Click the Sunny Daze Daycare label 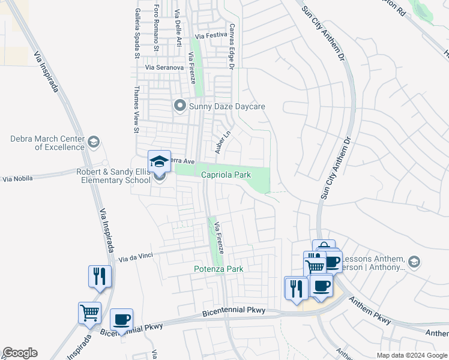click(227, 107)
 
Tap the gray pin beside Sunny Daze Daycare click(179, 106)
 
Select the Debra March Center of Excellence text click(46, 143)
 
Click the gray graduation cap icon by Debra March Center click(93, 142)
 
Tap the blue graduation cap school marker click(159, 161)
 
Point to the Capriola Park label click(226, 174)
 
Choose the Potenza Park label click(218, 269)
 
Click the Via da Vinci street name click(136, 259)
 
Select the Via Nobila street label click(17, 179)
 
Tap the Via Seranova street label click(164, 68)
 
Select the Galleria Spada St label click(137, 32)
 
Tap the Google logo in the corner click(20, 353)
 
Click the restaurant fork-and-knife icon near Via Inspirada click(100, 276)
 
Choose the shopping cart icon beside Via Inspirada click(89, 312)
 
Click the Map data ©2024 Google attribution click(411, 355)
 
